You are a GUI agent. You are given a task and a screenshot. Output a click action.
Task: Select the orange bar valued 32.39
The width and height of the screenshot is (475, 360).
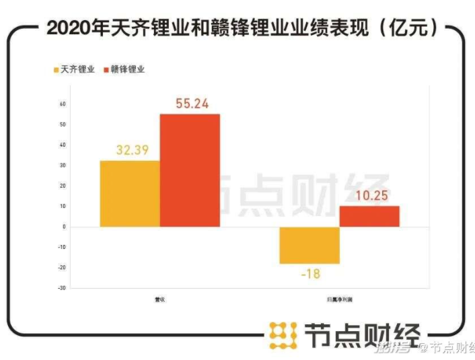(x=130, y=193)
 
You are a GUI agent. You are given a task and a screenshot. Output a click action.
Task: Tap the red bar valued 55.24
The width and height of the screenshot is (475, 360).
(x=190, y=170)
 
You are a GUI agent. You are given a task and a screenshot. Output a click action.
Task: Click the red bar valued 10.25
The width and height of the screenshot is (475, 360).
(x=369, y=216)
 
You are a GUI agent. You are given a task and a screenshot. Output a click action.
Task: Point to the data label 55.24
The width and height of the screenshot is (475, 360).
(x=190, y=104)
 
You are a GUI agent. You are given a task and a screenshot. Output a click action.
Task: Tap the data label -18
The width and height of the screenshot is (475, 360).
(x=309, y=273)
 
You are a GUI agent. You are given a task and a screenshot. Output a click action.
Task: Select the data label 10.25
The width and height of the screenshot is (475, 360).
(x=369, y=195)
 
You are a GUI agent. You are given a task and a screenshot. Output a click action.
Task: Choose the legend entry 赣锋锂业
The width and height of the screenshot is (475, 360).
(x=126, y=69)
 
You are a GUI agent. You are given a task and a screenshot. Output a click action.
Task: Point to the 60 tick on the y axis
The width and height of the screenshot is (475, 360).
(x=62, y=104)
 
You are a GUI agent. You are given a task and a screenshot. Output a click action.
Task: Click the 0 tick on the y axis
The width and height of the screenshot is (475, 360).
(x=63, y=227)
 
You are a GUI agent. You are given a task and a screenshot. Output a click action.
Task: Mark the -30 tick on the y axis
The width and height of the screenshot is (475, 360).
(x=61, y=288)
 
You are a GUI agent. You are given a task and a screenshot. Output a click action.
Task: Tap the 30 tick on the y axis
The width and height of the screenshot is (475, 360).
(x=62, y=166)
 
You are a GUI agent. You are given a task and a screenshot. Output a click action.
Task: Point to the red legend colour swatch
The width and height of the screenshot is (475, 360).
(x=106, y=69)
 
